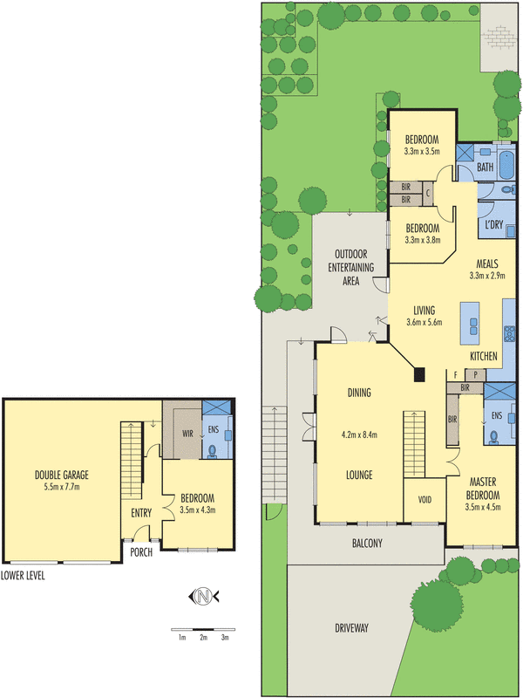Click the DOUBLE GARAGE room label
62,475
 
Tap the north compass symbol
203,597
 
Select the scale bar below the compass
203,628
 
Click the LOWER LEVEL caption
23,576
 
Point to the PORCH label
141,552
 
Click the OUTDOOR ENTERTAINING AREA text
350,268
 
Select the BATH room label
485,167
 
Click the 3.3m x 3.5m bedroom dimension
422,151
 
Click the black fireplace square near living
419,375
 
